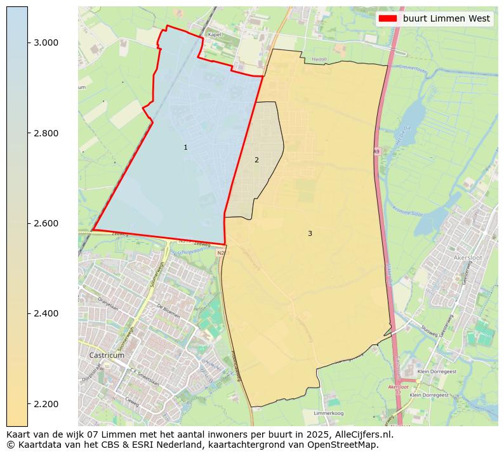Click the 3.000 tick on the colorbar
point(47,42)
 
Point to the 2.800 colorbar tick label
point(47,133)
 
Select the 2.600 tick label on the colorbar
point(47,223)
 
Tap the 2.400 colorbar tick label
point(47,313)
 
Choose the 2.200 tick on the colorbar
point(47,404)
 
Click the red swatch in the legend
point(387,18)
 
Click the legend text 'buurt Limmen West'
point(446,18)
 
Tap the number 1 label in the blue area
point(185,147)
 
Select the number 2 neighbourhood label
point(256,160)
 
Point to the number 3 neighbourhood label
point(310,233)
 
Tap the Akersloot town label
point(469,258)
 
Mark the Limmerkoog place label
point(329,413)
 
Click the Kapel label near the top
point(215,34)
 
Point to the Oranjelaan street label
point(108,304)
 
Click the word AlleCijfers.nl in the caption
point(361,435)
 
